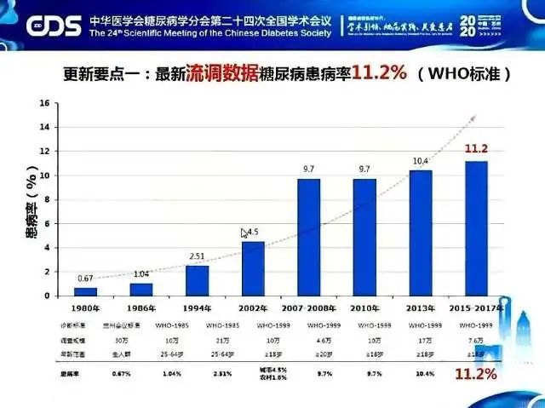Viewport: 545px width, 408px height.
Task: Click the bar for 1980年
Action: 85,290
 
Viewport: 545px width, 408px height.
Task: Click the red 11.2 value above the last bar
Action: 475,148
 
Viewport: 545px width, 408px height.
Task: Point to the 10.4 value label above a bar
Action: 421,160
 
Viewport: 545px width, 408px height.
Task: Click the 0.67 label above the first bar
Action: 85,279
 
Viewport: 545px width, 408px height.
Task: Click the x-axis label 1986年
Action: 141,307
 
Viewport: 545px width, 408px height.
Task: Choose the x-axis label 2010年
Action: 365,307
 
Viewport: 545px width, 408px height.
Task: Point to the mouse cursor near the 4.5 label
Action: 244,233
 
